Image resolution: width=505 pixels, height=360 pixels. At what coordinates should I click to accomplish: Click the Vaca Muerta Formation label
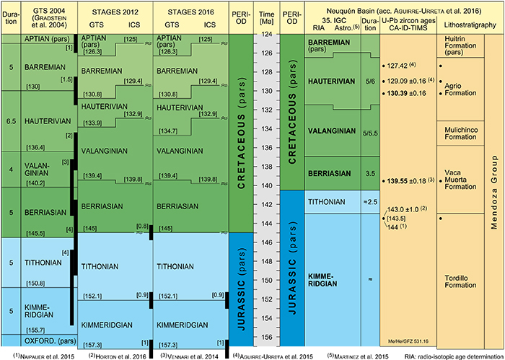coord(462,178)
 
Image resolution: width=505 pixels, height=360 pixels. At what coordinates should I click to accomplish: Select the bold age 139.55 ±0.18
coord(409,179)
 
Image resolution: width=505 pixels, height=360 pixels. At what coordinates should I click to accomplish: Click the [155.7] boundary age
coord(36,329)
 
